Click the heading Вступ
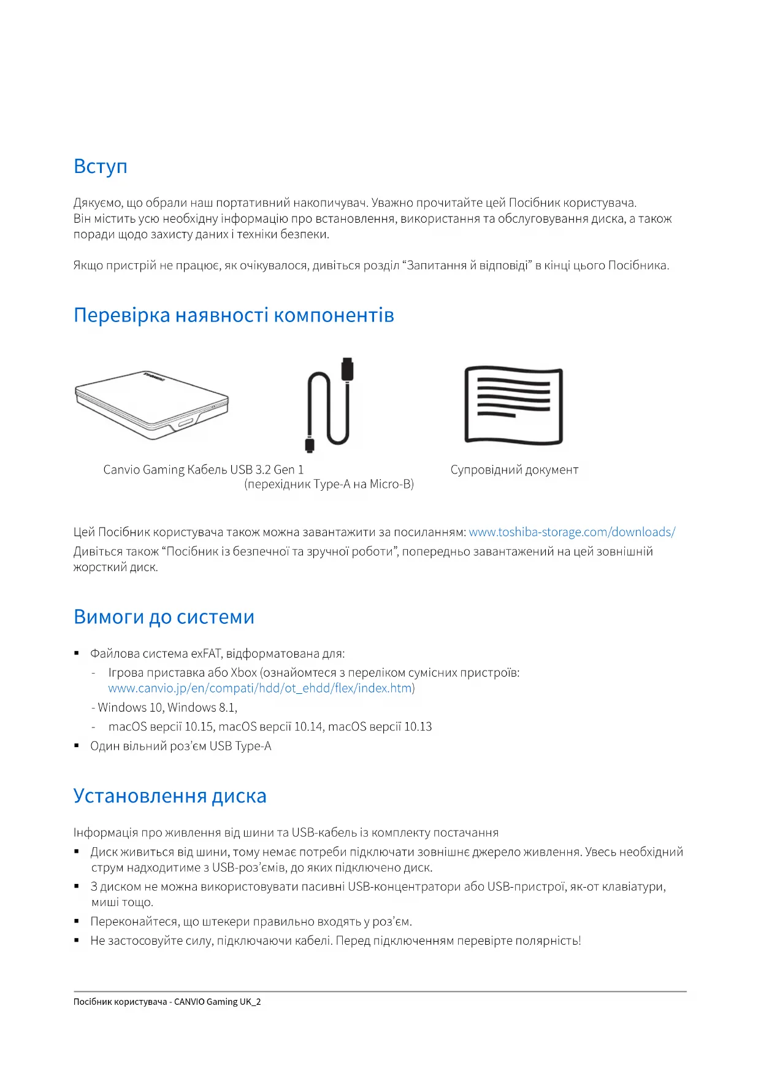pos(101,167)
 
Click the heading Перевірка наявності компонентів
pos(234,315)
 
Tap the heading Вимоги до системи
pos(164,617)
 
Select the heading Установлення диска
pos(170,796)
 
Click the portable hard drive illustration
pos(151,404)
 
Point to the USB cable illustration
pos(329,405)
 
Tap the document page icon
pos(514,405)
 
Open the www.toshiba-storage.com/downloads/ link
pos(572,532)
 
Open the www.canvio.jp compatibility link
pos(260,688)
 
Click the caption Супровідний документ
pos(514,470)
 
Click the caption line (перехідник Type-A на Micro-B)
pos(329,485)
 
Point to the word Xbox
pos(243,673)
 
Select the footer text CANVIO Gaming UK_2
pos(217,1002)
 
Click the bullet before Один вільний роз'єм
pos(77,746)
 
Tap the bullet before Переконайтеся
pos(77,921)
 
